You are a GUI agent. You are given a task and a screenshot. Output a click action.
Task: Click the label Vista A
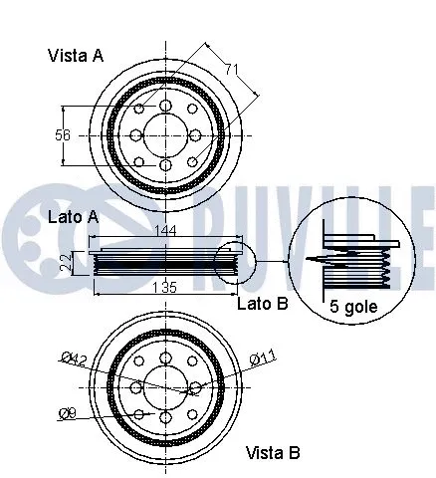(76, 56)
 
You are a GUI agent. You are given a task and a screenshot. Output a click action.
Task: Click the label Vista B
(272, 453)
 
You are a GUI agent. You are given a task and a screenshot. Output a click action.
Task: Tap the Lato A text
(73, 217)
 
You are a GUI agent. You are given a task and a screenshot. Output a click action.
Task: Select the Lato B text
(262, 303)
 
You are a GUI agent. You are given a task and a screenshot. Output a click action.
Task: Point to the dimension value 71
(230, 70)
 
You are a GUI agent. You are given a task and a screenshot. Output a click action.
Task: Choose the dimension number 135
(164, 288)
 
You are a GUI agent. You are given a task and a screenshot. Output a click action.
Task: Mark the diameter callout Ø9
(67, 411)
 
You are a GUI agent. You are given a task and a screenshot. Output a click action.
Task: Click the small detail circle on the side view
(235, 263)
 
